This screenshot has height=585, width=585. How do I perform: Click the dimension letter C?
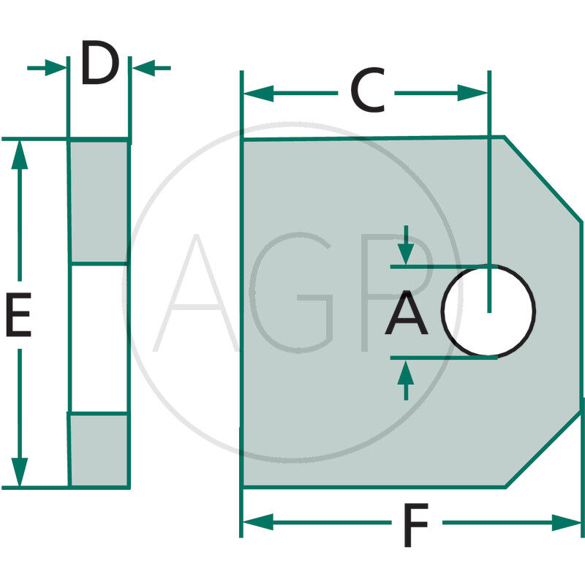[x=366, y=91]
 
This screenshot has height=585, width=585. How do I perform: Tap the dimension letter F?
[x=415, y=525]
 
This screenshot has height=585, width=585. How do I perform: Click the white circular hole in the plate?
[x=488, y=310]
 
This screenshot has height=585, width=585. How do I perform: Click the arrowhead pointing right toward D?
[x=56, y=69]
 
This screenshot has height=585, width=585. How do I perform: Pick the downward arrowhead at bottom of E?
[x=20, y=472]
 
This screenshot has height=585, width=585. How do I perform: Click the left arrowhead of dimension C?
[x=257, y=94]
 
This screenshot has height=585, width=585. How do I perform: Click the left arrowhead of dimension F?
[x=257, y=522]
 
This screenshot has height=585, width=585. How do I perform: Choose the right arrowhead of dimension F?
[x=569, y=522]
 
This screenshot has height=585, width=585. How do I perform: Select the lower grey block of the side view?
[x=99, y=450]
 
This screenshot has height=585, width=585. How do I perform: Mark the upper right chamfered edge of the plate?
[x=543, y=178]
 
